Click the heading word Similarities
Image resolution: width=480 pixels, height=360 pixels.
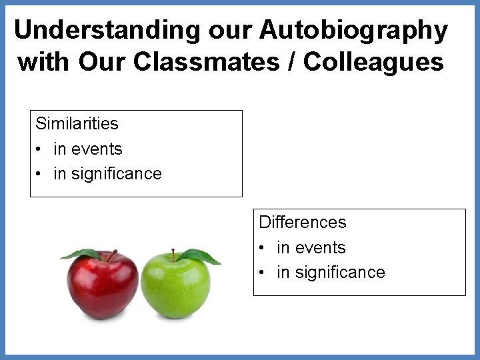pyautogui.click(x=77, y=123)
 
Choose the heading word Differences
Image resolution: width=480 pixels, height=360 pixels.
pyautogui.click(x=303, y=221)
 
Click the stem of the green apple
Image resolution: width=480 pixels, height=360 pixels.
pyautogui.click(x=172, y=255)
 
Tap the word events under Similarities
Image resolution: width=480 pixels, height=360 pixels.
pyautogui.click(x=98, y=149)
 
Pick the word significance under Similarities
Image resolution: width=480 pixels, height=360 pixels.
pyautogui.click(x=117, y=174)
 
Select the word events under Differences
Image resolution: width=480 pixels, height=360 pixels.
pyautogui.click(x=321, y=247)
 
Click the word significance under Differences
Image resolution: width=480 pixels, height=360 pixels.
pyautogui.click(x=341, y=272)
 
